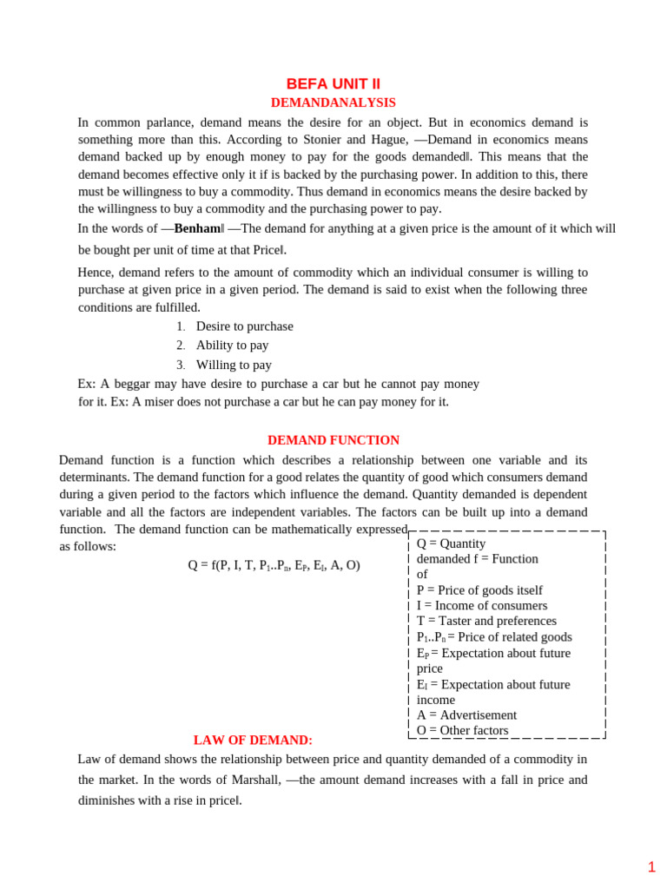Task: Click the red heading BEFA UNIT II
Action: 333,84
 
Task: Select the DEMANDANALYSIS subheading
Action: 333,102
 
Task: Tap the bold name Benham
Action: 197,228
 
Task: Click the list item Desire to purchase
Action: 244,326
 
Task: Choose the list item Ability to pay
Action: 232,346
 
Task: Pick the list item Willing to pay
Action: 234,365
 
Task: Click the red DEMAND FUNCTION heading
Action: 333,440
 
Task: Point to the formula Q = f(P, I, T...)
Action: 274,565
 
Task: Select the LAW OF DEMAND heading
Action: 253,741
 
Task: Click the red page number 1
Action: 651,866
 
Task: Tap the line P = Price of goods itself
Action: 479,589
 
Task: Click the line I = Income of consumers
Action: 482,605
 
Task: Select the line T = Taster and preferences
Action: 486,621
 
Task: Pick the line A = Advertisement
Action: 466,715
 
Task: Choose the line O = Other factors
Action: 462,731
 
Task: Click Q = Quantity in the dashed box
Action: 451,543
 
